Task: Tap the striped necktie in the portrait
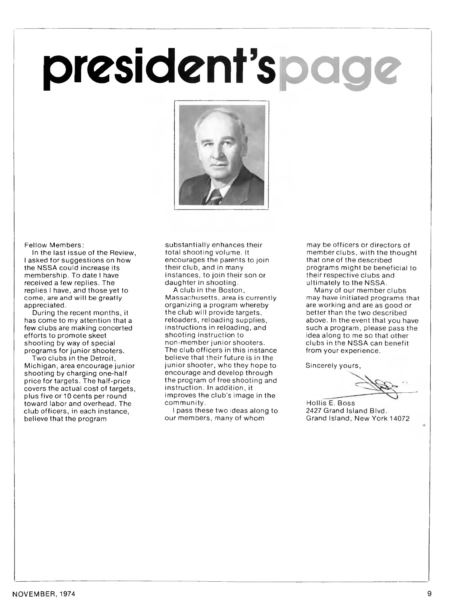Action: coord(217,197)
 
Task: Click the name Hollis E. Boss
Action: coord(330,403)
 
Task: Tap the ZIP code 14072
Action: coord(399,418)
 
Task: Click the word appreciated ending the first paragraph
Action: coord(45,306)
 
